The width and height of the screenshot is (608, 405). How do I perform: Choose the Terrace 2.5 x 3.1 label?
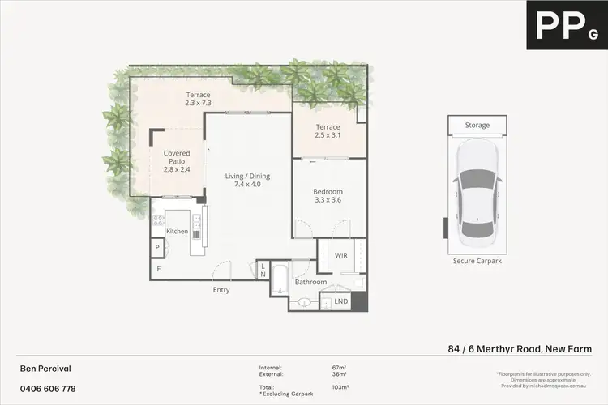328,131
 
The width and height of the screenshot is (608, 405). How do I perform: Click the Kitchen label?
177,232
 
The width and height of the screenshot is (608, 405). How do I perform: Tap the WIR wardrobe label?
341,255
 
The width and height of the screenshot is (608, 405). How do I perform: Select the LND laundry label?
341,302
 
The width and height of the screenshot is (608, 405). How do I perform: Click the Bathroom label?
310,283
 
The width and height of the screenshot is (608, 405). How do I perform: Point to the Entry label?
221,290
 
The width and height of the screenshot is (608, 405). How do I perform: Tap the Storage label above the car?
477,126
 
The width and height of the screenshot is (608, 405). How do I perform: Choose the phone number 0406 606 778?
47,390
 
